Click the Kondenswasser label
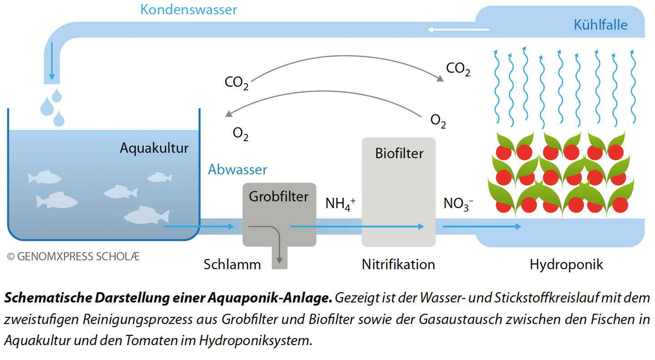189,9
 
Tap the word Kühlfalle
600,24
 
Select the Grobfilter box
279,215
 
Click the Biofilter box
398,192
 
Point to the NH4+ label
340,204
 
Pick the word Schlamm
232,264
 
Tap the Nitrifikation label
398,264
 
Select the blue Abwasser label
237,169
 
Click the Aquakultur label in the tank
154,148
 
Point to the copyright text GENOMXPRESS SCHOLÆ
74,257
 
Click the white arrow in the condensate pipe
458,30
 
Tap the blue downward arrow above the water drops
52,61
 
